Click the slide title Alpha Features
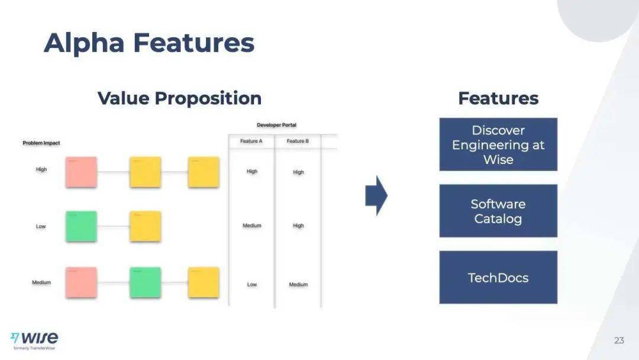click(x=149, y=43)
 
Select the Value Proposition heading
click(x=179, y=98)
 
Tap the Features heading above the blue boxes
click(x=498, y=98)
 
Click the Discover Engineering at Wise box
click(x=498, y=144)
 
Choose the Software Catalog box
click(x=498, y=211)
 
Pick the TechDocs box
click(x=498, y=277)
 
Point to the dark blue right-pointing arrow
click(x=376, y=195)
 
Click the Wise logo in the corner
click(x=35, y=339)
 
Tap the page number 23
click(x=619, y=340)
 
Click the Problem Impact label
click(x=41, y=143)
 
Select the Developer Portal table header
click(x=276, y=125)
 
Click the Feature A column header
click(x=251, y=141)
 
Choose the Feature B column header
click(x=298, y=141)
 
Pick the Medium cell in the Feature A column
click(x=251, y=226)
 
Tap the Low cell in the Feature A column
click(x=252, y=285)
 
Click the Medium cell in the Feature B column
click(x=298, y=285)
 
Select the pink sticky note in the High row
click(x=81, y=172)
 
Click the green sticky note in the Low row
click(x=81, y=226)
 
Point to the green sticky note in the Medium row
click(x=145, y=282)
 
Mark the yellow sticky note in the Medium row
click(x=204, y=282)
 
